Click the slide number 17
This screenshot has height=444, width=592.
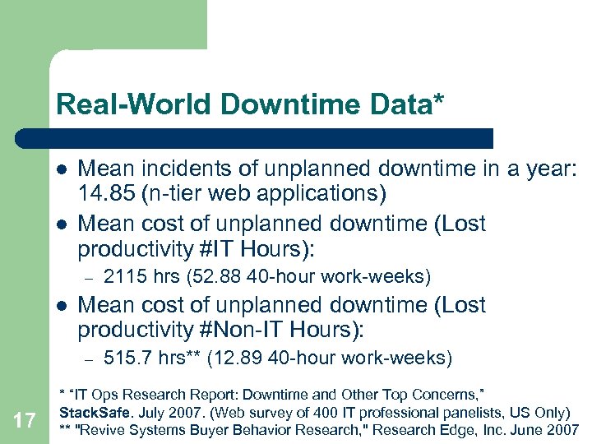[25, 421]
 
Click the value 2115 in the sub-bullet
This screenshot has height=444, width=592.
[124, 275]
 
